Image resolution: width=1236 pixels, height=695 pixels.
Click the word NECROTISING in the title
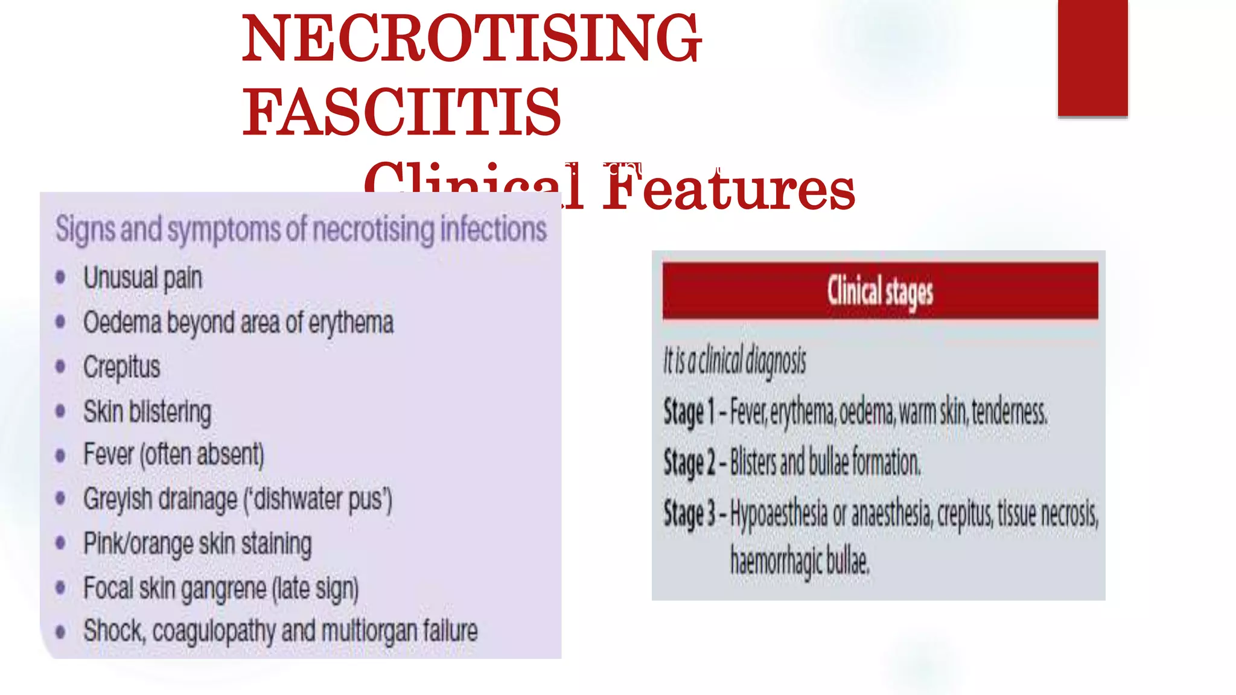(x=471, y=39)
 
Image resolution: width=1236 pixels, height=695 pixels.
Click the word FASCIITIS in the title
(x=402, y=112)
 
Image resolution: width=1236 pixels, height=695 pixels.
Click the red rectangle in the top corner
(x=1092, y=57)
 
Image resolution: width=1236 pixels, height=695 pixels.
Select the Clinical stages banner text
(x=880, y=292)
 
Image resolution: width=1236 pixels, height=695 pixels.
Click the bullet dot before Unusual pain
(x=60, y=278)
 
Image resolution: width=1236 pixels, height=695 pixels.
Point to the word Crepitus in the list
(x=121, y=367)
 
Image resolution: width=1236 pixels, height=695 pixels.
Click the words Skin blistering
(x=147, y=411)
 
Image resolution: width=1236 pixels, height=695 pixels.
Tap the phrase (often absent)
(x=202, y=455)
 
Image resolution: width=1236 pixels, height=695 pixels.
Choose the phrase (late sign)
(x=315, y=588)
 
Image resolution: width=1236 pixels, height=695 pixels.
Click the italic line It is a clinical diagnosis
(x=734, y=361)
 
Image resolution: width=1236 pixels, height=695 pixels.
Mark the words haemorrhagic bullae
(x=800, y=561)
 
